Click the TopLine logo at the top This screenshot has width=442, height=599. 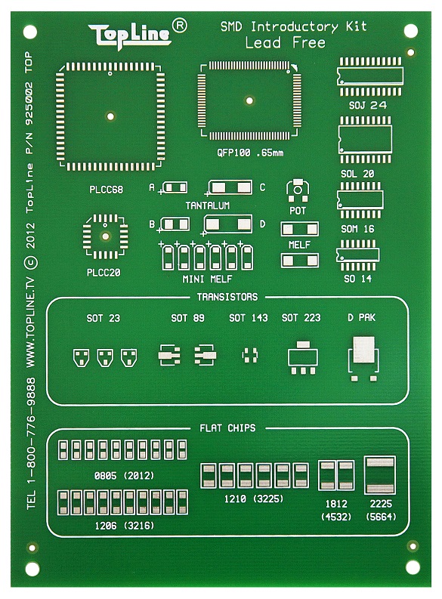coord(130,36)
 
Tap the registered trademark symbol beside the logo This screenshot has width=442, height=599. coord(180,26)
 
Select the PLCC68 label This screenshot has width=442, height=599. coord(107,190)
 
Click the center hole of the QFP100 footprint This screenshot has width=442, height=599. coord(249,101)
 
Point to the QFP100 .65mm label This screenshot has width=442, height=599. coord(250,153)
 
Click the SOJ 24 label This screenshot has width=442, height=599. coord(367,105)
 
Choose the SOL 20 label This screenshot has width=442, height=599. coord(357,174)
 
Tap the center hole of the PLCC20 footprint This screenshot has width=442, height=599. coord(106,236)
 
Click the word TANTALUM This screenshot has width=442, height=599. coord(208,205)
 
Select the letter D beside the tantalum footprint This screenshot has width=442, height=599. coord(262,224)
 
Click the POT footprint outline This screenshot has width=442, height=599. coord(298,190)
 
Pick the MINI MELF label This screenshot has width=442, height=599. coord(207,279)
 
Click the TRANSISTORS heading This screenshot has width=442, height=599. coord(227,297)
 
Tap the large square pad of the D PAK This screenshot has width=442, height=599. coord(363,350)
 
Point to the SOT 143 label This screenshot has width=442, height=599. coord(249,318)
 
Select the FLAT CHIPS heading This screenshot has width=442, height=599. coord(227,428)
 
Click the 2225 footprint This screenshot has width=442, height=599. coord(380,475)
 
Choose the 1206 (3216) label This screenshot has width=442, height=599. coord(125,526)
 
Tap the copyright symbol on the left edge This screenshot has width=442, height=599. coord(30,262)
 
